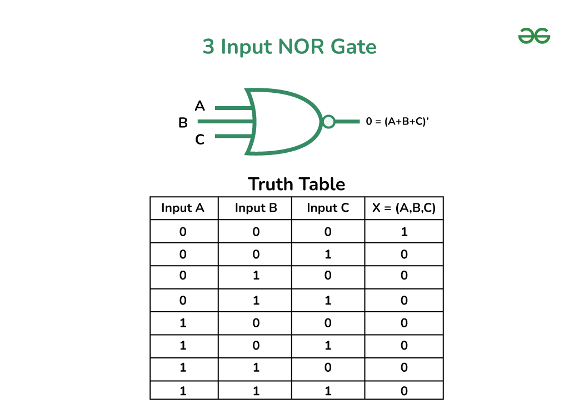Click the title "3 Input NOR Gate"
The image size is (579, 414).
pyautogui.click(x=289, y=47)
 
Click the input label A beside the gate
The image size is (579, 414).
pyautogui.click(x=199, y=106)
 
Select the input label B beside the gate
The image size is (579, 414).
pyautogui.click(x=183, y=123)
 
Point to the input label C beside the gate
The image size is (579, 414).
pyautogui.click(x=199, y=140)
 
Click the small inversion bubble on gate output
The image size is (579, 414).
pyautogui.click(x=328, y=121)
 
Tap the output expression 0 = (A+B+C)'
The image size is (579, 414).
pyautogui.click(x=397, y=121)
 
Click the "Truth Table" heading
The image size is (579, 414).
pyautogui.click(x=296, y=184)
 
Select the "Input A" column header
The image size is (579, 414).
pyautogui.click(x=183, y=208)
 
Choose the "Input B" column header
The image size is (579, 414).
pyautogui.click(x=256, y=208)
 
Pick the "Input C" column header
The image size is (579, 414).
pyautogui.click(x=328, y=208)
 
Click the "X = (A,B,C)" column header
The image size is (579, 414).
pyautogui.click(x=404, y=208)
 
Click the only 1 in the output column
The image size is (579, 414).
pyautogui.click(x=404, y=232)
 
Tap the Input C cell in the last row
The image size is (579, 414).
pyautogui.click(x=328, y=391)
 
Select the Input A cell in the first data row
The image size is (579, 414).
pyautogui.click(x=183, y=232)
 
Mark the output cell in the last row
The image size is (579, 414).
pyautogui.click(x=404, y=391)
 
